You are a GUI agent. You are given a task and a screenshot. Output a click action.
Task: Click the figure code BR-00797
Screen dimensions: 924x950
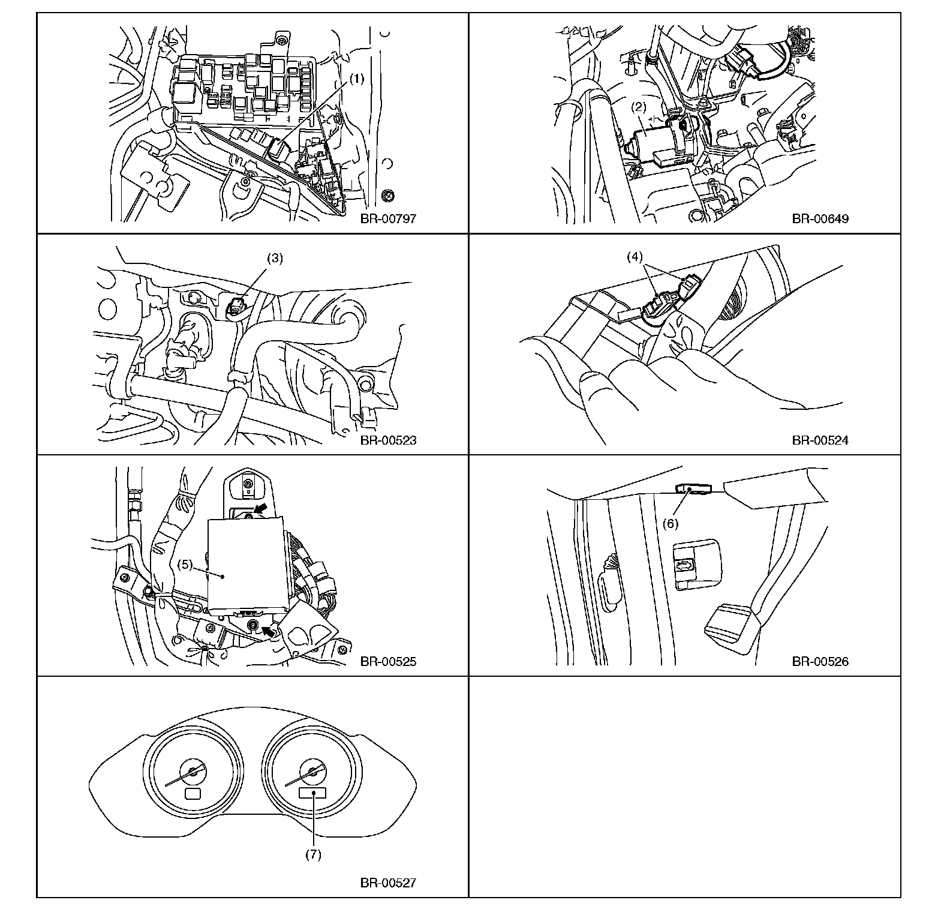coord(388,218)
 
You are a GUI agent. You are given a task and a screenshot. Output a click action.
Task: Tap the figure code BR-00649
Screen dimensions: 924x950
coord(820,218)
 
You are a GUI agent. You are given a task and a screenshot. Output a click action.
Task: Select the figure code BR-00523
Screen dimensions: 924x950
coord(388,440)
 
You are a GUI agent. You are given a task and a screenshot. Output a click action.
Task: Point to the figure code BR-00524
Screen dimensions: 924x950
coord(820,440)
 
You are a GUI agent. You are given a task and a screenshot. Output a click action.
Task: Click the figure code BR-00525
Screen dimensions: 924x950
coord(388,662)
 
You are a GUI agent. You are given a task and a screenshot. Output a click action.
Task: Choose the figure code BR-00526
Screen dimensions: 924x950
coord(820,662)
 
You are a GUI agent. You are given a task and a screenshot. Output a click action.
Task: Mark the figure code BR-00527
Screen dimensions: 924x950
coord(388,883)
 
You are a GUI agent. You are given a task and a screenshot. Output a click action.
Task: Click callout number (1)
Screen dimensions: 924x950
coord(357,78)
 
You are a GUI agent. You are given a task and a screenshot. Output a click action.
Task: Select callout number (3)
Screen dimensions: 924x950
coord(275,259)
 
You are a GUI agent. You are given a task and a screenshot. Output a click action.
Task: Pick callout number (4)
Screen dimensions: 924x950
coord(635,257)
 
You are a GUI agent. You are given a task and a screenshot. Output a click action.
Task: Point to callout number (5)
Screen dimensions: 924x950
coord(187,565)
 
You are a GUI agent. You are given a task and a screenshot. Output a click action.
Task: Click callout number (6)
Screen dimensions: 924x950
coord(670,523)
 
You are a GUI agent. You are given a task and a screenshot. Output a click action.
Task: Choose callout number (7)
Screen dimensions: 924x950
coord(313,854)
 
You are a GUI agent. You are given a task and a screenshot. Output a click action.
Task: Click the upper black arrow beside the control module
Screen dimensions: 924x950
coord(260,509)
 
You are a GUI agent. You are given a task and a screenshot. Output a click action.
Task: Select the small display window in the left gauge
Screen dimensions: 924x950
coord(193,794)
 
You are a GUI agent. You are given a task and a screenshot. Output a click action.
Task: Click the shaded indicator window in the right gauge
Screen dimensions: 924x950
coord(312,793)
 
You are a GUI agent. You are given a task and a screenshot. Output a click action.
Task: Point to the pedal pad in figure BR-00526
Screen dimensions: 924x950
coord(729,623)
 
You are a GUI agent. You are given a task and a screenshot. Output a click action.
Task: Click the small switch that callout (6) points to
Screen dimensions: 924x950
coord(693,489)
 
